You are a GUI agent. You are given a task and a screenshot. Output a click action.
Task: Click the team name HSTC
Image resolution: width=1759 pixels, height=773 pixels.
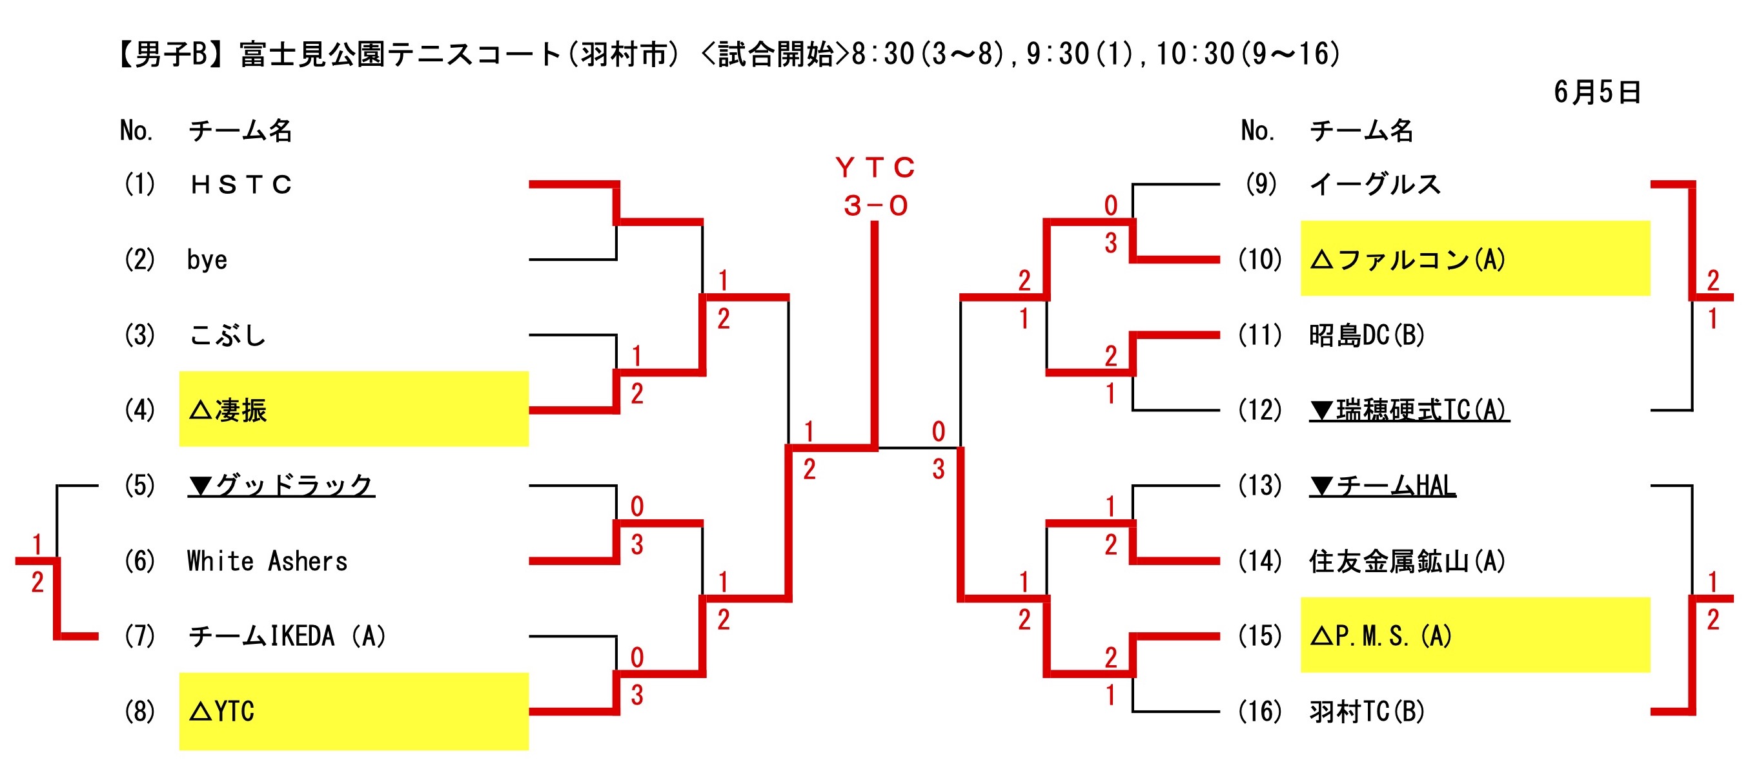point(241,185)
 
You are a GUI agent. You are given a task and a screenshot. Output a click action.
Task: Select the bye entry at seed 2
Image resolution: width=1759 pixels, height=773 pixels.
point(207,260)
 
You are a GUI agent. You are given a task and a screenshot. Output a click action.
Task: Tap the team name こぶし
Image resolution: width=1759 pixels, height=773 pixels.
point(227,335)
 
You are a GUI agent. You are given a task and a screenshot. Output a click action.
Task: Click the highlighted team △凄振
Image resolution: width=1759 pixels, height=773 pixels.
point(228,411)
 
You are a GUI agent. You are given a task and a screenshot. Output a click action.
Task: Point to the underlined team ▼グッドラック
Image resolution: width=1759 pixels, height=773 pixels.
point(281,486)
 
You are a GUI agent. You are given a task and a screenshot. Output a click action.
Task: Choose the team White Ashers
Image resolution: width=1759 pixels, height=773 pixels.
point(267,561)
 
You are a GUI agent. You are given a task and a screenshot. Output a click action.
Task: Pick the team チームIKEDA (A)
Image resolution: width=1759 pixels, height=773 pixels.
point(287,637)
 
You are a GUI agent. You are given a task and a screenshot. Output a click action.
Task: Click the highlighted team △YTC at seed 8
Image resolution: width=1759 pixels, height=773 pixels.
point(222,712)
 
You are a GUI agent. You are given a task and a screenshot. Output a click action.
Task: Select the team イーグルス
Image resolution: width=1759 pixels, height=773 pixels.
point(1374,185)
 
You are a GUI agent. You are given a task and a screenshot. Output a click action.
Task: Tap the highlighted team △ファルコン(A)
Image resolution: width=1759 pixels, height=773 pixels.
point(1407,260)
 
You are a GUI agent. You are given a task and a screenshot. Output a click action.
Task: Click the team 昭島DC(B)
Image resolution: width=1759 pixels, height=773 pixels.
point(1367,335)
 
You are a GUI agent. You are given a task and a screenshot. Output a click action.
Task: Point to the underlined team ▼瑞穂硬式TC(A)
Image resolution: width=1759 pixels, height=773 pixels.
point(1408,411)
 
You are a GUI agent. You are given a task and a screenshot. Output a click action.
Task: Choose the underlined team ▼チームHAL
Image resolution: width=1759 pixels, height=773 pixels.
point(1382,486)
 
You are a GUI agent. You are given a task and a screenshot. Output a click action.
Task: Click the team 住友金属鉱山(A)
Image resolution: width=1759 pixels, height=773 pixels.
point(1407,561)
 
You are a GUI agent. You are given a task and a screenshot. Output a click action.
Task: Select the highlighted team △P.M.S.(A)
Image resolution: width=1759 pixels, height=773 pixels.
point(1380,637)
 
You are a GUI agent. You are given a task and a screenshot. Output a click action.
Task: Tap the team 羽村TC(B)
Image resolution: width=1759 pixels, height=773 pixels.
point(1367,712)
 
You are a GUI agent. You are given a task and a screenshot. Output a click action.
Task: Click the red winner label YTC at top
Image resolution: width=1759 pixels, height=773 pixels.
point(875,167)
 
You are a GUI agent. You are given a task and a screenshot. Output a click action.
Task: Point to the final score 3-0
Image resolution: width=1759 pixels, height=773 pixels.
point(875,205)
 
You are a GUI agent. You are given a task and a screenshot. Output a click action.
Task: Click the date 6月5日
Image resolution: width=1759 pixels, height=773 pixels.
point(1596,92)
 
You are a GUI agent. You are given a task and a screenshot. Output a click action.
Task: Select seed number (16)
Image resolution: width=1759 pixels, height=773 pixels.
point(1259,712)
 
